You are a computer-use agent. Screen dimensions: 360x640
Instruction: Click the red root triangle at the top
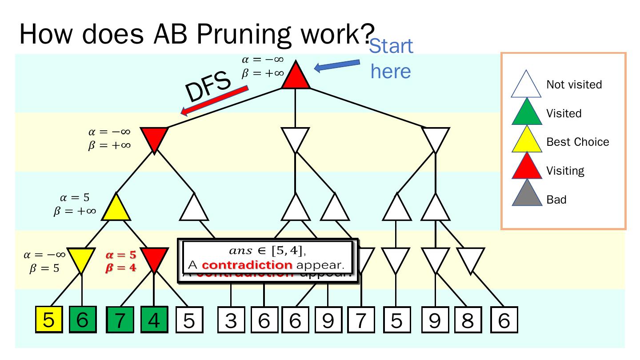coord(295,77)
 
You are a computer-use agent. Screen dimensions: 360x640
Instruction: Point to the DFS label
coord(208,87)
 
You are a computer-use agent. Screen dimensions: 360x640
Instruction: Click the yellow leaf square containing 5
coord(48,320)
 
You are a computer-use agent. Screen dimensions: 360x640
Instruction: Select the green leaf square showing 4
coord(154,320)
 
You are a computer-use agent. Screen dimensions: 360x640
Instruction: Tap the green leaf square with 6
coord(82,320)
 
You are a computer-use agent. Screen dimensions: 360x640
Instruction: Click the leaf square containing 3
coord(231,320)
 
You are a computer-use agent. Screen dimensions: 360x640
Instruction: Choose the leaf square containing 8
coord(468,320)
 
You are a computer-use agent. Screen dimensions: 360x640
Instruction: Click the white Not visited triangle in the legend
coord(526,85)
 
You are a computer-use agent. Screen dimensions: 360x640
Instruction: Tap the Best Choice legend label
coord(577,142)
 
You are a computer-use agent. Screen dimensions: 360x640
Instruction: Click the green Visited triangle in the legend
coord(526,114)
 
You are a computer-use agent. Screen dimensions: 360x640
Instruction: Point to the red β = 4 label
coord(120,268)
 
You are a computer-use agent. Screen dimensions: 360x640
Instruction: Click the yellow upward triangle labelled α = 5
coord(116,209)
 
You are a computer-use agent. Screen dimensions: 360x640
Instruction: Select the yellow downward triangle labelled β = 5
coord(81,259)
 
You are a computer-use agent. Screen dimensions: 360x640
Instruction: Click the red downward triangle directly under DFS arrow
coord(154,138)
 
